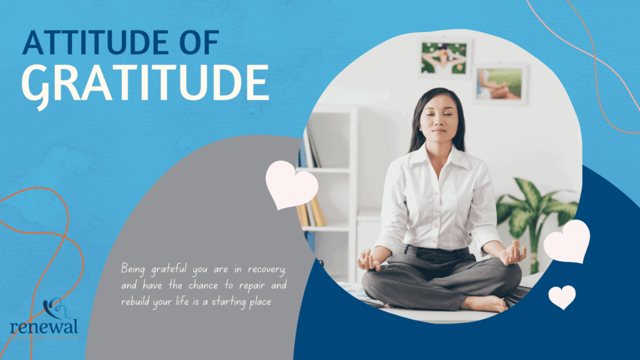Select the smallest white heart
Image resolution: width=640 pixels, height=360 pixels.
(562, 296)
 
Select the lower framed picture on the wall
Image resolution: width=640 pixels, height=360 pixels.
(500, 83)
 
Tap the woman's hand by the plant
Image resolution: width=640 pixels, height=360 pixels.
(514, 252)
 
